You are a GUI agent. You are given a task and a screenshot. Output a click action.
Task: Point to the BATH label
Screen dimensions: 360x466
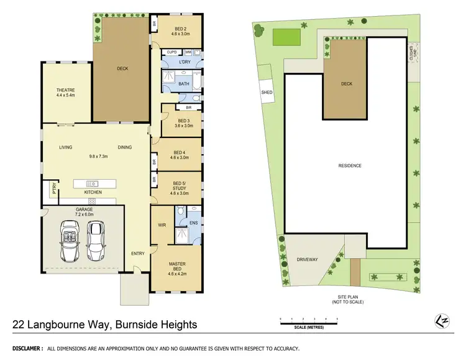click(184, 83)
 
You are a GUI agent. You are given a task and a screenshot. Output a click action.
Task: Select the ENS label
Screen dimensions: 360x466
click(193, 223)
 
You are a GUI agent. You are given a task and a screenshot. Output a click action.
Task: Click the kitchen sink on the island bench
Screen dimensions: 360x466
click(93, 183)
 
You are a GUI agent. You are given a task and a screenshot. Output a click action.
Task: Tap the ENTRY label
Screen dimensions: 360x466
click(138, 254)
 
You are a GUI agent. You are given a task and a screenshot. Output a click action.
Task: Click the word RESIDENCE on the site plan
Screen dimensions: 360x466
click(350, 165)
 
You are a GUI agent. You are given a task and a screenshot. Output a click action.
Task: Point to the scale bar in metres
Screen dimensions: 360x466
click(308, 323)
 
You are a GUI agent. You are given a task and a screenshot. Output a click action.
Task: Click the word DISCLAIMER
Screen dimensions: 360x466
click(24, 349)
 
